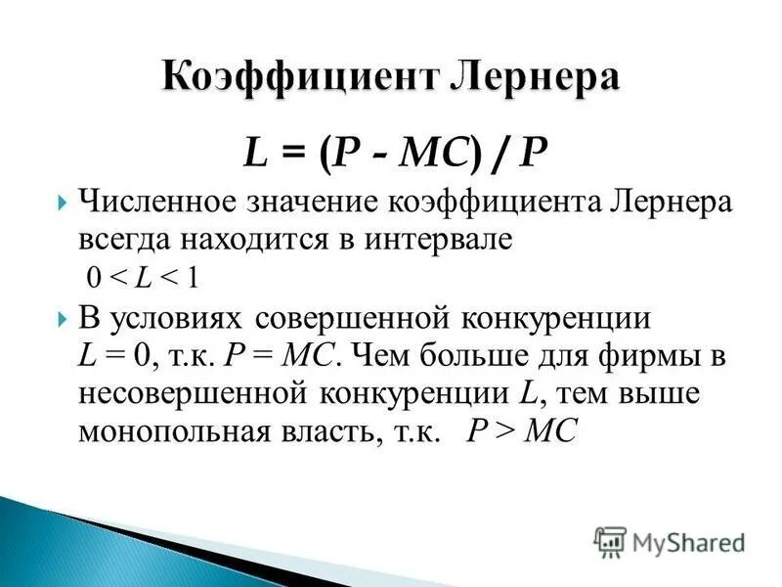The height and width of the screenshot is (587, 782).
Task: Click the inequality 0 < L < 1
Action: [x=142, y=278]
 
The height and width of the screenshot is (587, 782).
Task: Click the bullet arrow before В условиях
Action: [x=62, y=318]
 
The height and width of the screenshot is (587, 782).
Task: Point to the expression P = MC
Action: [x=282, y=356]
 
